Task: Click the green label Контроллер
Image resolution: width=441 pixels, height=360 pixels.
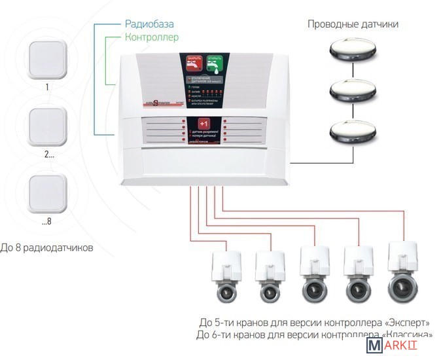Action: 151,37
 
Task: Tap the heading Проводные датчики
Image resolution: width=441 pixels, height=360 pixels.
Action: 353,24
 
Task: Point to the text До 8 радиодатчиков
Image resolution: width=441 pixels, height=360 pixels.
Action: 48,248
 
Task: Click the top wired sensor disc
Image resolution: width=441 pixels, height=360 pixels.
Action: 353,50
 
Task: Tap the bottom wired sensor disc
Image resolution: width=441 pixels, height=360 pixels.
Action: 353,130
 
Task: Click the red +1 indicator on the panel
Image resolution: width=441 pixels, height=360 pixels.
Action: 203,124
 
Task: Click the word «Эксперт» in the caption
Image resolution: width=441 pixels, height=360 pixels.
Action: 409,323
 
